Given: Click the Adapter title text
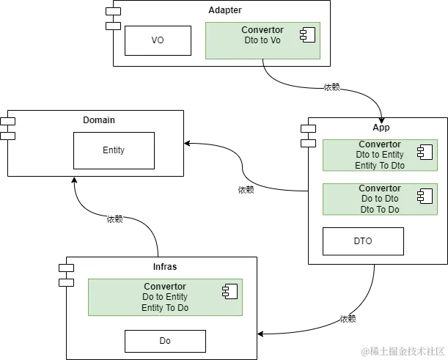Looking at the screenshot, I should pos(224,10).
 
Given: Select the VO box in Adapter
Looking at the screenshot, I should pos(158,40).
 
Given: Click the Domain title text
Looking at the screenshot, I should pos(99,120).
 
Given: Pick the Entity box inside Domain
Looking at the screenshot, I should pos(114,150).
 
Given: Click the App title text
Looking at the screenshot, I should pos(381,128).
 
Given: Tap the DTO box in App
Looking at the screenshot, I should pos(363,241).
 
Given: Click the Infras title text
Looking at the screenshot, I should pos(165,267).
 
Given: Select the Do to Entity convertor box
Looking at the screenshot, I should pos(165,297).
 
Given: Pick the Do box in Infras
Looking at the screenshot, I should pos(165,341).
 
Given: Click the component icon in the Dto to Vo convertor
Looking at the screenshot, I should pos(307,34).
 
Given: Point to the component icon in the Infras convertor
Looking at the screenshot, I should pos(229,291).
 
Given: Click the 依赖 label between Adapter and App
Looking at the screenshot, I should pos(331,88).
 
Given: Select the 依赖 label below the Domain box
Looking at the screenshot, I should pos(114,218).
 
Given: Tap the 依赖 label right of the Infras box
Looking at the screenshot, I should pos(349,319).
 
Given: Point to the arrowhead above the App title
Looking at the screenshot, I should pos(380,119).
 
